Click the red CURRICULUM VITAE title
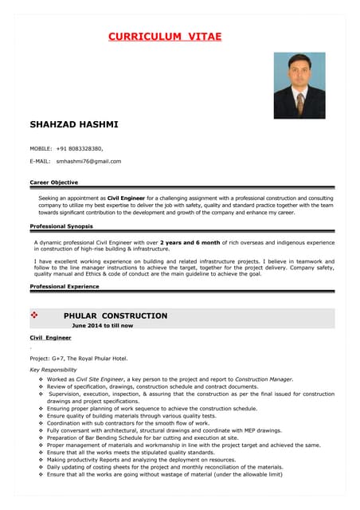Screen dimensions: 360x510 [x=165, y=37]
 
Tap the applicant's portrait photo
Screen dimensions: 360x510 [x=299, y=85]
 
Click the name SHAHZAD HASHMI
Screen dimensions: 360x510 [x=74, y=125]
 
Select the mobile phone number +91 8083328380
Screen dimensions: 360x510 [x=80, y=148]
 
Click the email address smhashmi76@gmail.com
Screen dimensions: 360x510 [x=88, y=161]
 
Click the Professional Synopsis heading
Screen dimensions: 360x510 [x=61, y=226]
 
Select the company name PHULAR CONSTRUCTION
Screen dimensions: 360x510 [x=115, y=316]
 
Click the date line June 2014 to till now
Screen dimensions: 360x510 [x=103, y=326]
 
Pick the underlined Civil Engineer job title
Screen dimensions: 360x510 [x=50, y=338]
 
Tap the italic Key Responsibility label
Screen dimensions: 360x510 [x=53, y=371]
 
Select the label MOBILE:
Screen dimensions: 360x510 [x=41, y=148]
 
